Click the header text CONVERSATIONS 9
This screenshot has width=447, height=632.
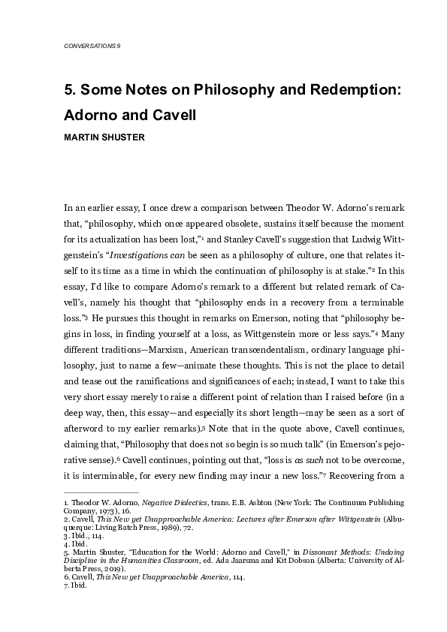pyautogui.click(x=93, y=47)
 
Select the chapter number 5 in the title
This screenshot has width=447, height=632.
pyautogui.click(x=68, y=91)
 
